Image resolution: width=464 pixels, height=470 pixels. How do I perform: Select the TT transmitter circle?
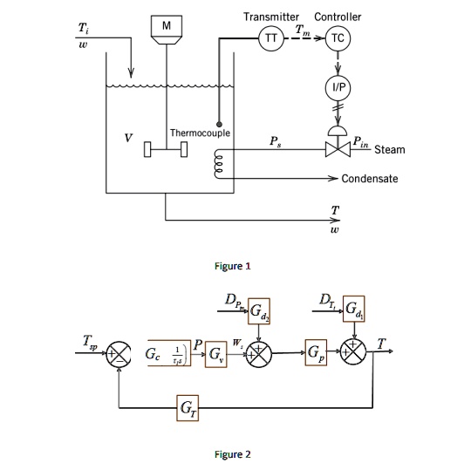(x=270, y=38)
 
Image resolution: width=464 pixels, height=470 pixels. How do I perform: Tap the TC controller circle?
(x=337, y=38)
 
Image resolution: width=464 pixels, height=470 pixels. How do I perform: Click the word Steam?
(x=389, y=150)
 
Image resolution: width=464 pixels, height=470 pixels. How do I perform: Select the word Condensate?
(x=370, y=179)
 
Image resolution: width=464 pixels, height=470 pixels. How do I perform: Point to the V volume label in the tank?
(x=128, y=138)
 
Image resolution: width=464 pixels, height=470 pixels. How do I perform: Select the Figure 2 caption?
(x=232, y=453)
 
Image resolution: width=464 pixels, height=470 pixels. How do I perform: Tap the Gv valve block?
(x=213, y=358)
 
